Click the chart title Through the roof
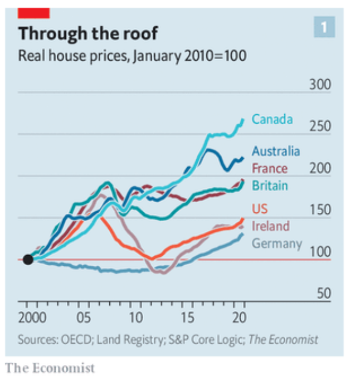[x=88, y=33]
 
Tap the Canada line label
[x=272, y=119]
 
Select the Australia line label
[x=276, y=151]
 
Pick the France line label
[x=270, y=168]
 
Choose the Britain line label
[x=270, y=186]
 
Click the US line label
[x=260, y=209]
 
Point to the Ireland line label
[x=271, y=226]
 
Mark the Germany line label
[x=277, y=243]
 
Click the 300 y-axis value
[x=320, y=85]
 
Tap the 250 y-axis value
[x=320, y=127]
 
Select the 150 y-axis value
[x=320, y=211]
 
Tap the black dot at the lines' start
[x=27, y=260]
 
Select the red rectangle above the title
[x=34, y=12]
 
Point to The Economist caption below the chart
[x=50, y=368]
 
